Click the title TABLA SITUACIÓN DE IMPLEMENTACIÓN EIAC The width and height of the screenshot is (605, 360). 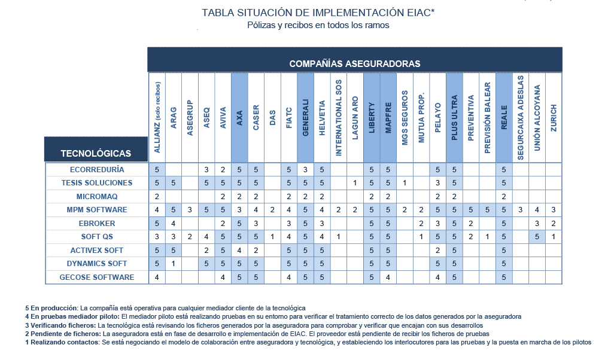click(x=318, y=13)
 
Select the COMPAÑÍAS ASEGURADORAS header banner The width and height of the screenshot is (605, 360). click(x=355, y=60)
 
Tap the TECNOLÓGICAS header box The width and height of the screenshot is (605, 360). click(x=96, y=149)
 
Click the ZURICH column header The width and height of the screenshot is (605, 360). click(x=554, y=118)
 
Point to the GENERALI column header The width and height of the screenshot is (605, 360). click(x=306, y=118)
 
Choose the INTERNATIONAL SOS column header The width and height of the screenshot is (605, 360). click(x=338, y=118)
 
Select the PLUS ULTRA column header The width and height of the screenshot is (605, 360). click(x=454, y=118)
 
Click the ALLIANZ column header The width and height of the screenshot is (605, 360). click(x=157, y=118)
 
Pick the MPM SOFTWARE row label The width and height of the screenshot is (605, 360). click(x=97, y=210)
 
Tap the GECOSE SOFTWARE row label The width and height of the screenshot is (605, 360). click(x=97, y=277)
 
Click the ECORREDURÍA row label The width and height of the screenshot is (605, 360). click(x=97, y=170)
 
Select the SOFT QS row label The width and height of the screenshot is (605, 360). click(x=97, y=237)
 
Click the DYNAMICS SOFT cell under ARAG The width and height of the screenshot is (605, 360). click(x=174, y=264)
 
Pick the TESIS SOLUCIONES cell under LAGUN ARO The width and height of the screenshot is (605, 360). click(x=355, y=183)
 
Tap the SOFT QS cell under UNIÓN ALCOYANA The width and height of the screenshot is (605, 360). click(x=537, y=237)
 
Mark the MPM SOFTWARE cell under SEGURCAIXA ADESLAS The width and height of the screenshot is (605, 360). click(x=521, y=210)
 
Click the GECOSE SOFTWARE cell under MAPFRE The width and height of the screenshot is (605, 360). click(x=388, y=277)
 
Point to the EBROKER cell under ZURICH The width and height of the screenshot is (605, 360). click(x=554, y=223)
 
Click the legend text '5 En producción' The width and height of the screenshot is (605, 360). click(x=51, y=308)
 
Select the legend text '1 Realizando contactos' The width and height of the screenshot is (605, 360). click(x=62, y=342)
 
